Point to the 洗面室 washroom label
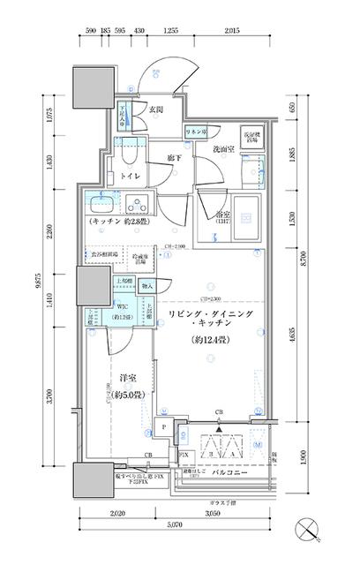coord(221,150)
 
